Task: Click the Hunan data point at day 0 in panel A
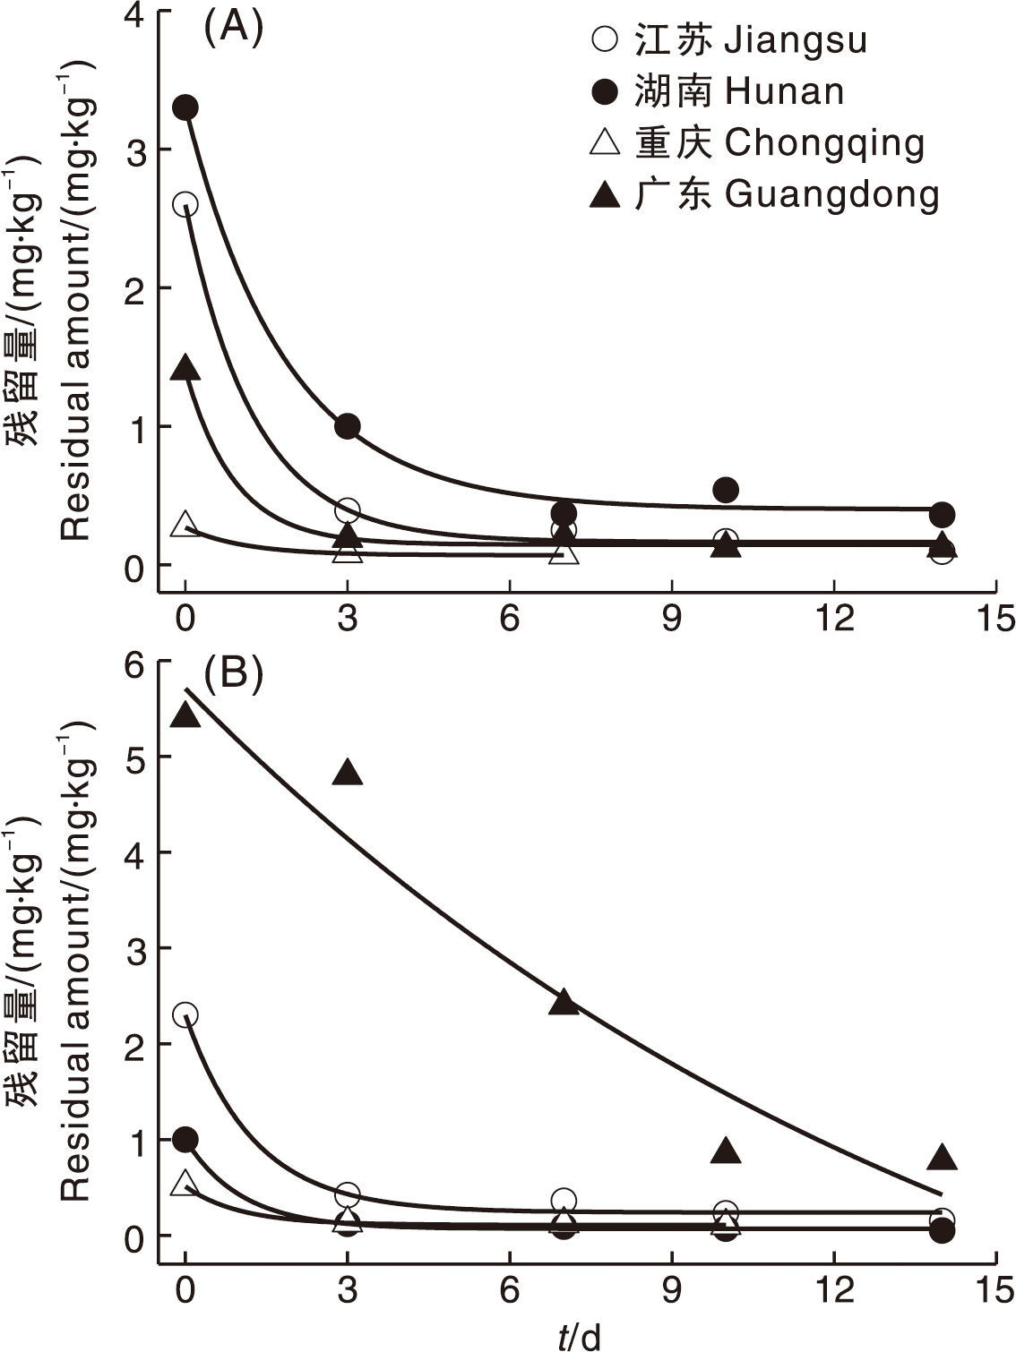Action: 185,108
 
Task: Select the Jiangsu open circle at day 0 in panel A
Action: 185,204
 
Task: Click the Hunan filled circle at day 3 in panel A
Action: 348,426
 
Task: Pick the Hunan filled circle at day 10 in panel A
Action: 726,490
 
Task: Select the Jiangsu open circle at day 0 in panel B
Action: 185,1014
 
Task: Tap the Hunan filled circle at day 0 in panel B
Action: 185,1140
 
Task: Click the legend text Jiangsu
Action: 795,40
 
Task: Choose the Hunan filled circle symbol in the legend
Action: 606,91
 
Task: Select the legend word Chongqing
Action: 824,143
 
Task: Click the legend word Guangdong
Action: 831,195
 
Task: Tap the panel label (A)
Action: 233,30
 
